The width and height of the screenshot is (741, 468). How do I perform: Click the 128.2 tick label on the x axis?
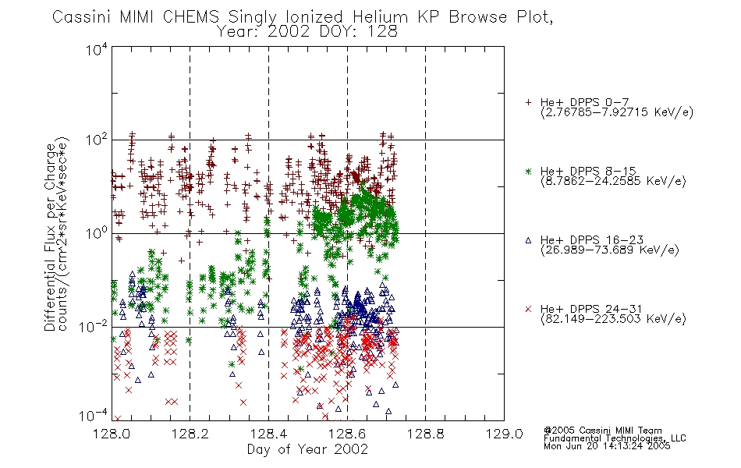[190, 434]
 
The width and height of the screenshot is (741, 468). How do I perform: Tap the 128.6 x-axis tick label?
[347, 434]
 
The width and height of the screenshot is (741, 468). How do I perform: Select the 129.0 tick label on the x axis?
[504, 434]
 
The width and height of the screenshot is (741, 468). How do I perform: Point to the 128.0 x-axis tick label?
[112, 434]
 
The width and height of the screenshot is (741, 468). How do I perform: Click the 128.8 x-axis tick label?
[426, 434]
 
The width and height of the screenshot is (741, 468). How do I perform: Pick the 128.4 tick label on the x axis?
[269, 434]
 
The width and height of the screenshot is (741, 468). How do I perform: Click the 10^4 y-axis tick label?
[97, 49]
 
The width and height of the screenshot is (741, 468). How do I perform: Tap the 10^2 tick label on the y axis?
[97, 140]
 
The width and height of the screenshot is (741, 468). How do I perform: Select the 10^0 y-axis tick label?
[97, 233]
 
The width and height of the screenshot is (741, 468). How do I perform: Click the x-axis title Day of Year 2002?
[307, 449]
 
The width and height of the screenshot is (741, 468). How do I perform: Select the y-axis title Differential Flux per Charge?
[50, 237]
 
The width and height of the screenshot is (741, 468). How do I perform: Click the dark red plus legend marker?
[528, 102]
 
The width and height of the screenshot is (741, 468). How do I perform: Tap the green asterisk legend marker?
[528, 171]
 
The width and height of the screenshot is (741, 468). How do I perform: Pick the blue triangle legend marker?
[528, 240]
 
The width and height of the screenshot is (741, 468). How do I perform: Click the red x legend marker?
[528, 309]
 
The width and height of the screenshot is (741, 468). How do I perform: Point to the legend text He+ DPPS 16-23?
[592, 239]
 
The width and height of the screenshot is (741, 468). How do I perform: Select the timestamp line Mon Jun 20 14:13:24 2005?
[607, 446]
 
